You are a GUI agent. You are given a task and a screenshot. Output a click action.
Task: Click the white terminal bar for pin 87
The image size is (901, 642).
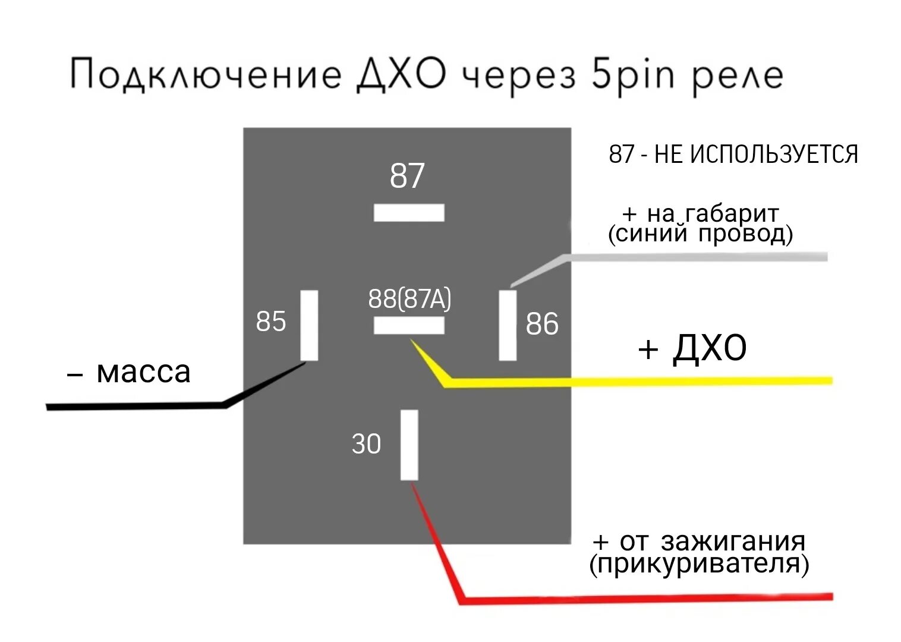click(x=409, y=212)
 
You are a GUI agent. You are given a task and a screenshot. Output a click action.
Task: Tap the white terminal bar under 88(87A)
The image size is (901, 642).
click(x=409, y=325)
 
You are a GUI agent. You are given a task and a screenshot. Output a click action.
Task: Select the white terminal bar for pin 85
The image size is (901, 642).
click(x=309, y=325)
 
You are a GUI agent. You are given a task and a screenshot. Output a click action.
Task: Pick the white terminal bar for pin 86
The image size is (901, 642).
click(x=508, y=325)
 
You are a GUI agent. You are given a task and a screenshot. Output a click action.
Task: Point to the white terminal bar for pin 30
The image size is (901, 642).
click(x=409, y=445)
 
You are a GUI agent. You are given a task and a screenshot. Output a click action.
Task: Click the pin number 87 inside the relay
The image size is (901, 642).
click(x=407, y=176)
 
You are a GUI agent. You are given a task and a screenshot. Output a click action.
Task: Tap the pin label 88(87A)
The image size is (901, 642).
click(x=409, y=298)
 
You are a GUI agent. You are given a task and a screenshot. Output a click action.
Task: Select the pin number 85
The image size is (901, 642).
click(x=271, y=322)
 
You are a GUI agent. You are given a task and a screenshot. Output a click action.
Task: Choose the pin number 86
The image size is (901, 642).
click(x=542, y=324)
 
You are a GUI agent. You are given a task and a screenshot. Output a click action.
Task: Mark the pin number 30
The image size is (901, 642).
click(x=366, y=444)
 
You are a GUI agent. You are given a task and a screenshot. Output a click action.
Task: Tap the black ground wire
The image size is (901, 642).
click(x=137, y=406)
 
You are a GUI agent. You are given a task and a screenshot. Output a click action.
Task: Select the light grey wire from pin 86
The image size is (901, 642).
click(x=695, y=257)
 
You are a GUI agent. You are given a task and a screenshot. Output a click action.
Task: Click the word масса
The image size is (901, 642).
click(x=143, y=372)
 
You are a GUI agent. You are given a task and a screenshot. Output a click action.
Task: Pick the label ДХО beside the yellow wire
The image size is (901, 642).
click(x=710, y=348)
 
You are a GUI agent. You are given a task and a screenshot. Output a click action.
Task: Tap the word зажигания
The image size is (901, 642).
click(x=733, y=542)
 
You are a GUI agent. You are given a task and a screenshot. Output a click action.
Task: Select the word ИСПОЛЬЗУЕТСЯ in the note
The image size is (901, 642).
click(x=773, y=155)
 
